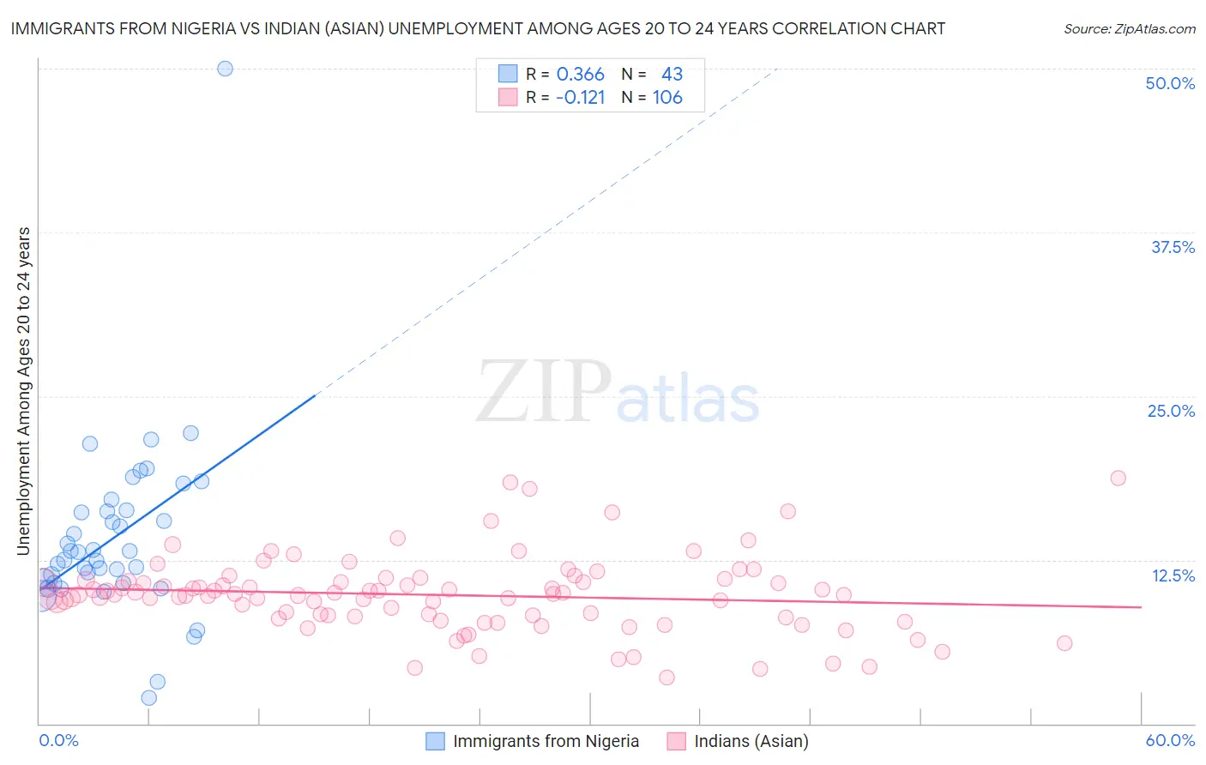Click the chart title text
(x=478, y=28)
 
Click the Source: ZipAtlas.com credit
(x=1129, y=28)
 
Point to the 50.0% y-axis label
(x=1170, y=83)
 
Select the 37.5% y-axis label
(x=1173, y=247)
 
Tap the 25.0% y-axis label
(x=1171, y=411)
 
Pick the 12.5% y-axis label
(x=1173, y=575)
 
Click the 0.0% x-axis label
(x=59, y=740)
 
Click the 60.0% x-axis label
(x=1170, y=740)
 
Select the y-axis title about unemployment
(x=24, y=391)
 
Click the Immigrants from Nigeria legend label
(x=546, y=741)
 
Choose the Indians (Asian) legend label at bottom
(x=751, y=741)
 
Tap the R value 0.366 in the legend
(x=581, y=75)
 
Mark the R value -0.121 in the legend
(x=581, y=97)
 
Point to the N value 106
(x=667, y=97)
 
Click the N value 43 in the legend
(x=672, y=75)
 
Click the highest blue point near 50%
(x=225, y=69)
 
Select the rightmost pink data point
(x=1118, y=478)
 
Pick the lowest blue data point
(x=149, y=698)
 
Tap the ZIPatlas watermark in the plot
(x=618, y=392)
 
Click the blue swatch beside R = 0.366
(x=508, y=74)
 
